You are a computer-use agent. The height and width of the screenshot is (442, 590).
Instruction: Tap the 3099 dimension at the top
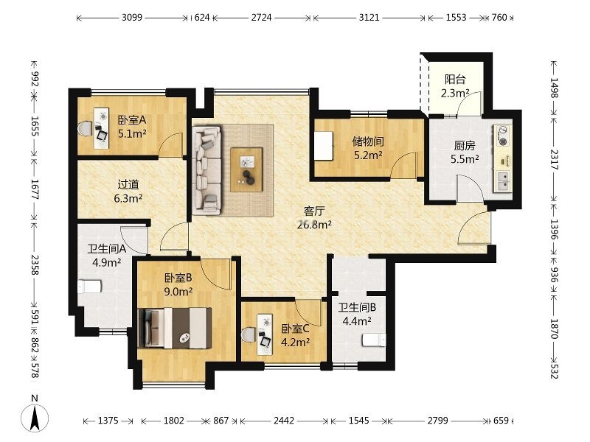click(x=132, y=17)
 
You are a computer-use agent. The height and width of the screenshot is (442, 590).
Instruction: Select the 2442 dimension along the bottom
click(x=284, y=421)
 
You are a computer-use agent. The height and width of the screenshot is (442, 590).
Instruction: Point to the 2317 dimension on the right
click(x=555, y=159)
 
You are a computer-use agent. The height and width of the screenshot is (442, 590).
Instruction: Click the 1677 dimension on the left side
click(x=35, y=189)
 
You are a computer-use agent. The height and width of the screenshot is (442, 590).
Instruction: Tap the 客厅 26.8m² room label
click(x=314, y=217)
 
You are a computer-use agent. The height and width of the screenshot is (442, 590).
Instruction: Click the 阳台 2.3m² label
click(x=455, y=86)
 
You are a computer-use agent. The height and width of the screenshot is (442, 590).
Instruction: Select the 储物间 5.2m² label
click(x=368, y=148)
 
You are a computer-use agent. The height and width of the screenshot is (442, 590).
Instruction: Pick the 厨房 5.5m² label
click(x=465, y=152)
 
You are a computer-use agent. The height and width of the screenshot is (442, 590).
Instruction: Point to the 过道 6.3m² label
click(x=128, y=191)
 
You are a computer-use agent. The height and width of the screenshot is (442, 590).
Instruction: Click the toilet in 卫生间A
click(x=89, y=287)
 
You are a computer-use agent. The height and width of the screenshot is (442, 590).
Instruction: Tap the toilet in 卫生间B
click(x=374, y=340)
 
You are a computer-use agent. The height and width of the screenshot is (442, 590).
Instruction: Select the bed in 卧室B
click(x=175, y=327)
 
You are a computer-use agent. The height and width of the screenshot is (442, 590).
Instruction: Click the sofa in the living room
click(x=206, y=170)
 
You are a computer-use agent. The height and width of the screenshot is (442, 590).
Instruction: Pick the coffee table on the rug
click(x=246, y=169)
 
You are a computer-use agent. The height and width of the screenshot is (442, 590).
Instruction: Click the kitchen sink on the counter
click(x=503, y=181)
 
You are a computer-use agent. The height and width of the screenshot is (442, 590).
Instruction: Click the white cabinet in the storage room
click(x=324, y=145)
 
